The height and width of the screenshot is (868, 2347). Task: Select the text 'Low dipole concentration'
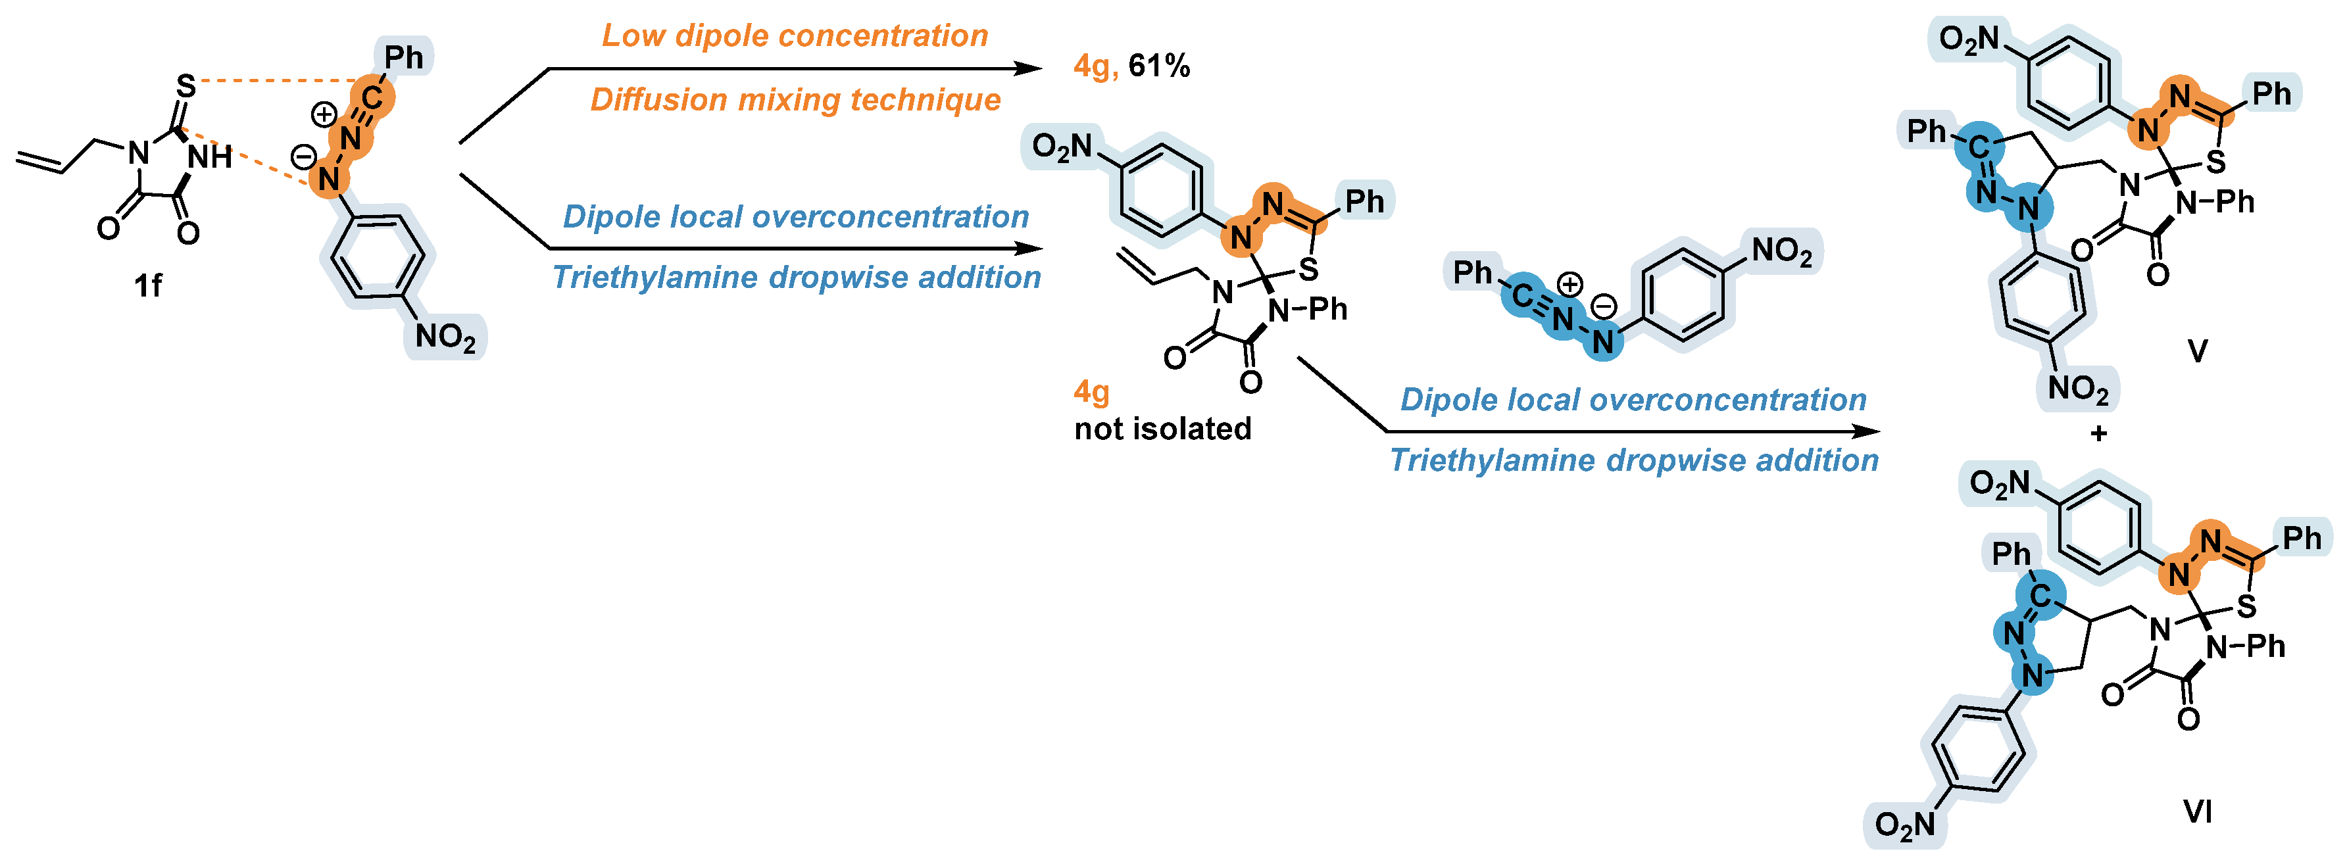(x=795, y=36)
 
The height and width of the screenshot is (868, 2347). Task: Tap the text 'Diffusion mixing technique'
(x=795, y=99)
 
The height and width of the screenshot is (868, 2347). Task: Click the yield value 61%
(x=1159, y=66)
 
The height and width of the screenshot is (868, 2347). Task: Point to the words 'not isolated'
(x=1162, y=428)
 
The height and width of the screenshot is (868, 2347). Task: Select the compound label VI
(x=2198, y=811)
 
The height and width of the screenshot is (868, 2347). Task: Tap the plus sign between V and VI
(x=2099, y=433)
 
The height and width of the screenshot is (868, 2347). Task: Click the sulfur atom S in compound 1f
(x=186, y=87)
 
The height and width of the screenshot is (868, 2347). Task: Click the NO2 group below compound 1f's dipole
(x=445, y=337)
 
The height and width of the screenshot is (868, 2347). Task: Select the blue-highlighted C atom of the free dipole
(x=1521, y=294)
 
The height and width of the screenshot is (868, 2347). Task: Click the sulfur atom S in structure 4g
(x=1308, y=270)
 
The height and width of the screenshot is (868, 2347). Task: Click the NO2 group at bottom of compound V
(x=2078, y=389)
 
